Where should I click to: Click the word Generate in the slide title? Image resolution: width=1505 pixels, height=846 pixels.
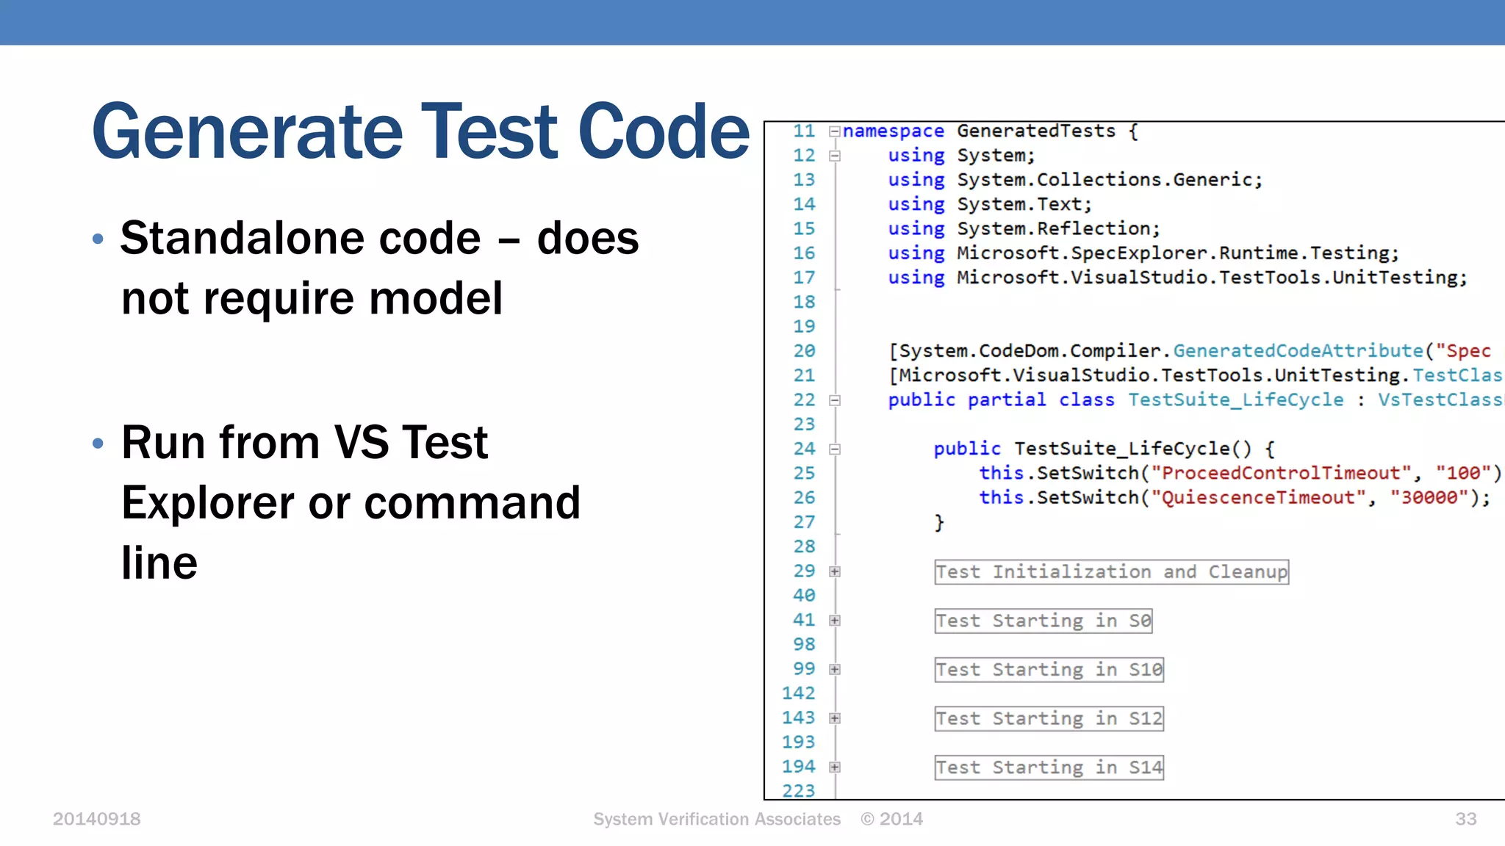[x=248, y=132]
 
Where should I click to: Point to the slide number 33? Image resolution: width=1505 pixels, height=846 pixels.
[x=1465, y=819]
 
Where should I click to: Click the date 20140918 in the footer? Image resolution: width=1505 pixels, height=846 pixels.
[x=96, y=819]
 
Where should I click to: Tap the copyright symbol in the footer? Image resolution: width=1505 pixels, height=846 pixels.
[x=868, y=819]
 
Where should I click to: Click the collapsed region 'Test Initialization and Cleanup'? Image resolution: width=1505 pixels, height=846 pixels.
[x=1111, y=572]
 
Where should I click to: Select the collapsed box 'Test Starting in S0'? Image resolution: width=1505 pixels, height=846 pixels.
[x=1043, y=621]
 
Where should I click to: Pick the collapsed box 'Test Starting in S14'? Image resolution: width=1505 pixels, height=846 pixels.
[x=1049, y=767]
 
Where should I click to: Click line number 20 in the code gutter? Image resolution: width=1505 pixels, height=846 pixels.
[x=804, y=351]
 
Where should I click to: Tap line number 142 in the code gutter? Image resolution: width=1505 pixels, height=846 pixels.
[x=799, y=693]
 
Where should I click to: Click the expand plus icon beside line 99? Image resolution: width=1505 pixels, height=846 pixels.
[x=835, y=670]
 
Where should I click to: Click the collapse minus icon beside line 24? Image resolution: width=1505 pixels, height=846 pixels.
[x=835, y=449]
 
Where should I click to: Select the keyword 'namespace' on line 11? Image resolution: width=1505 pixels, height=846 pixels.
[x=894, y=131]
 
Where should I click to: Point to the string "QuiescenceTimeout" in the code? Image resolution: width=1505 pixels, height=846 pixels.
[x=1259, y=498]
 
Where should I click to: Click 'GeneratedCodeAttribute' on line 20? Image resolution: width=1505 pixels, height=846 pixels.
[x=1299, y=351]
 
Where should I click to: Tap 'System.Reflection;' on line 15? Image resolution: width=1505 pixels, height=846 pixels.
[x=1058, y=229]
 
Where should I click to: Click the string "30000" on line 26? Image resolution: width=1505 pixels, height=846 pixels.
[x=1429, y=498]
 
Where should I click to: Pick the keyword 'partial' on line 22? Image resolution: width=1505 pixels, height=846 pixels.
[x=1006, y=400]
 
